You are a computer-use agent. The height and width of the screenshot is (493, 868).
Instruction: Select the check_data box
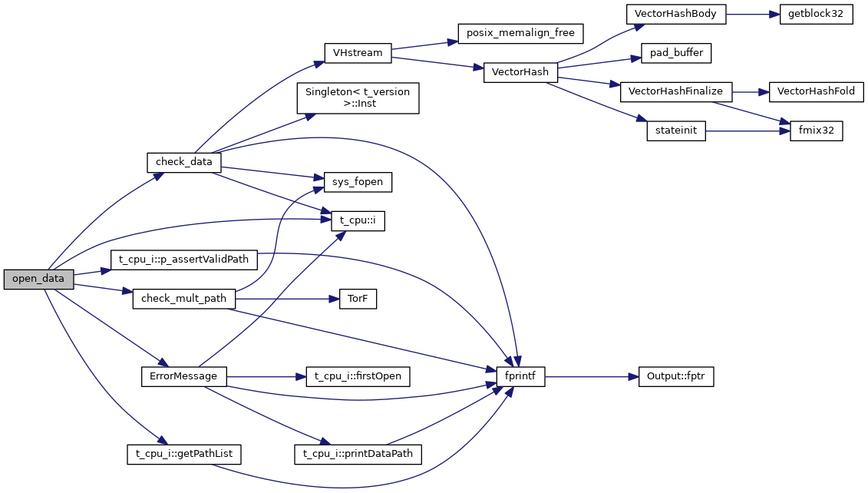[184, 163]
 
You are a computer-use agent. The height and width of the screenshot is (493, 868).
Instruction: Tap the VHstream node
[358, 53]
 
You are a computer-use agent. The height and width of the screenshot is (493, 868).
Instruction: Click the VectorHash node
[520, 73]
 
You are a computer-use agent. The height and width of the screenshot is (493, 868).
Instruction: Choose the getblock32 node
[816, 14]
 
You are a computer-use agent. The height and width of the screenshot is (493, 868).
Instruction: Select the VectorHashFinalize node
[675, 91]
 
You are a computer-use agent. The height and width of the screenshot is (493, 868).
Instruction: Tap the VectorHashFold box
[816, 91]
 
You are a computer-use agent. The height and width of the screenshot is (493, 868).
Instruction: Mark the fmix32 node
[817, 131]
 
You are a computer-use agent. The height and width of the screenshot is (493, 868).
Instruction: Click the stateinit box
[675, 131]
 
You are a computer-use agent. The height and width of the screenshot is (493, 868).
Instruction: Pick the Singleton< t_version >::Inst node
[358, 98]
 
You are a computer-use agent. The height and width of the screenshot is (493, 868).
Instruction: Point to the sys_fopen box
[358, 182]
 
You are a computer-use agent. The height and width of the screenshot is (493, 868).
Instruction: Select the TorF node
[358, 299]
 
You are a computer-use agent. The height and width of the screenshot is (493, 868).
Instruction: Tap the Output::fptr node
[676, 377]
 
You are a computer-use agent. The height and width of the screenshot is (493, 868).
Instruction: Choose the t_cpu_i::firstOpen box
[358, 377]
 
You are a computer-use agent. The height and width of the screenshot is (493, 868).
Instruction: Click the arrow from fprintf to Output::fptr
[592, 377]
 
